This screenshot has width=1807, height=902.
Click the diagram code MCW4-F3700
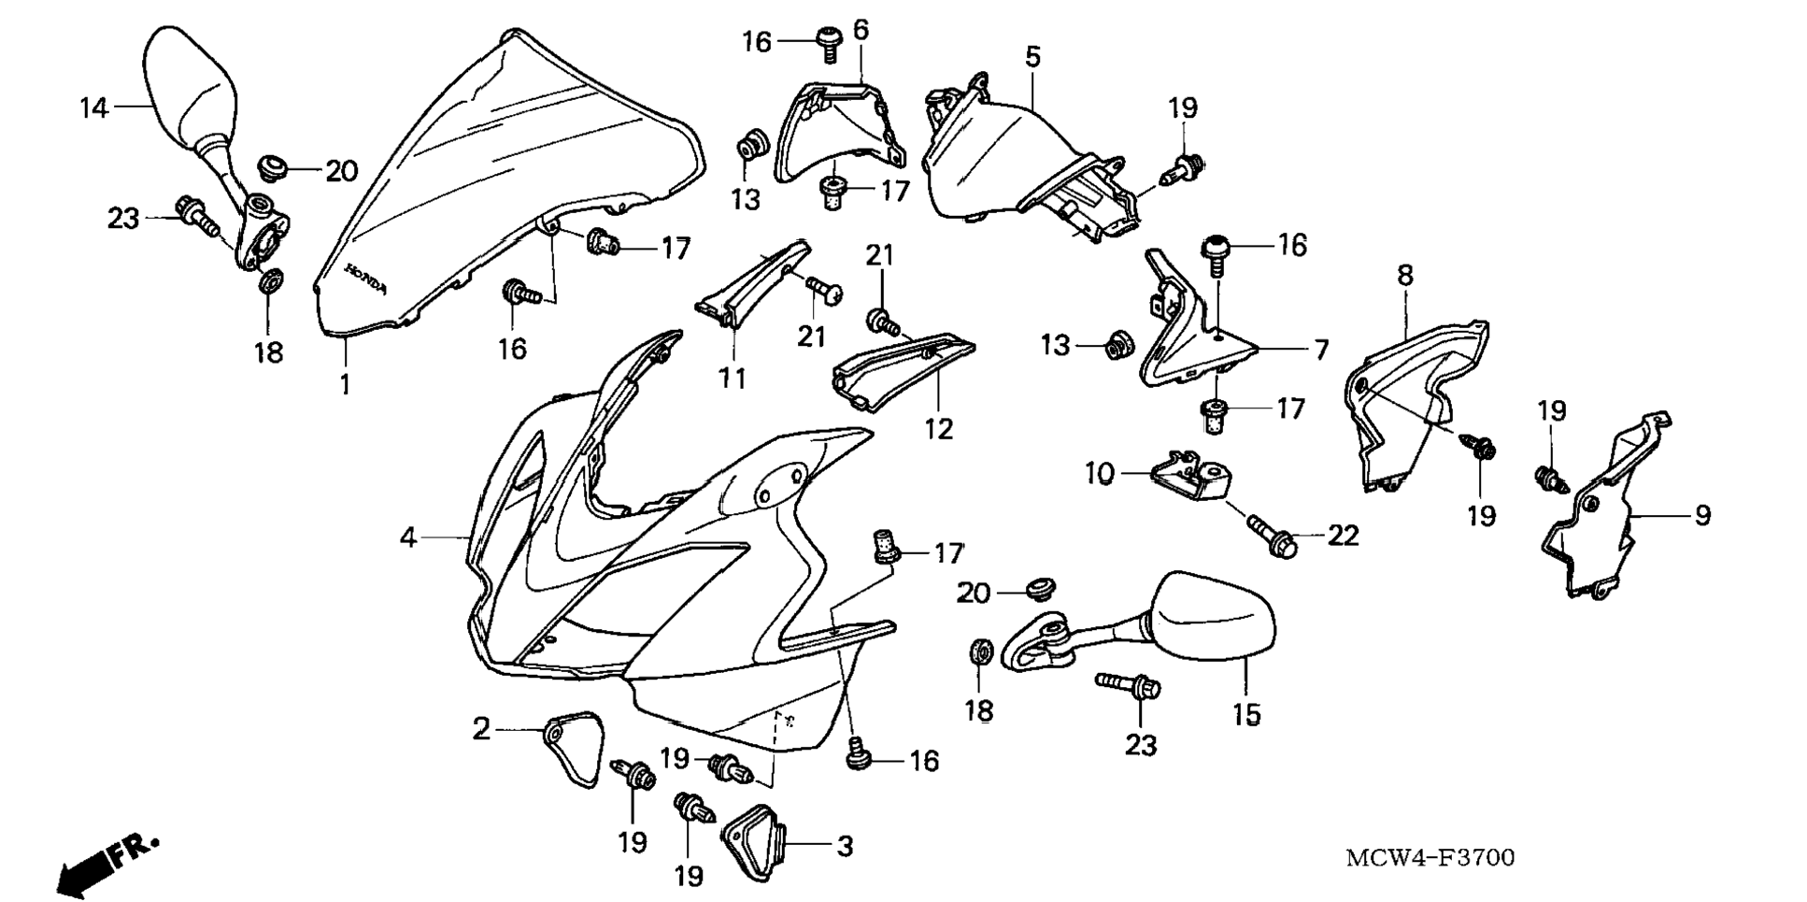[1430, 857]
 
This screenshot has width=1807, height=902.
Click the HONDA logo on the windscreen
[365, 279]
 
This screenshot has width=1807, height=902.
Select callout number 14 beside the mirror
[93, 108]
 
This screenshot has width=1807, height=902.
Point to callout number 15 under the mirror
[1246, 715]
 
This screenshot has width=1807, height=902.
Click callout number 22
[1343, 536]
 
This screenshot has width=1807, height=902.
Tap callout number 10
[1100, 475]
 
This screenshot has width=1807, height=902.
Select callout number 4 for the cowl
[407, 537]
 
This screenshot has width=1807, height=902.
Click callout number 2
[481, 728]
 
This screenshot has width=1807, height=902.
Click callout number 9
[1702, 515]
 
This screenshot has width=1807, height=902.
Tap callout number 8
[1405, 277]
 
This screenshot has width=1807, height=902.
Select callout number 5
[1032, 57]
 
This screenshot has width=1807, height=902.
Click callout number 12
[938, 429]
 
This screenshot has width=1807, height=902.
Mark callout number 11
[733, 379]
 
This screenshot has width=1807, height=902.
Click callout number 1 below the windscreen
[345, 383]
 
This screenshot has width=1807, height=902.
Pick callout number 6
[861, 30]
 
